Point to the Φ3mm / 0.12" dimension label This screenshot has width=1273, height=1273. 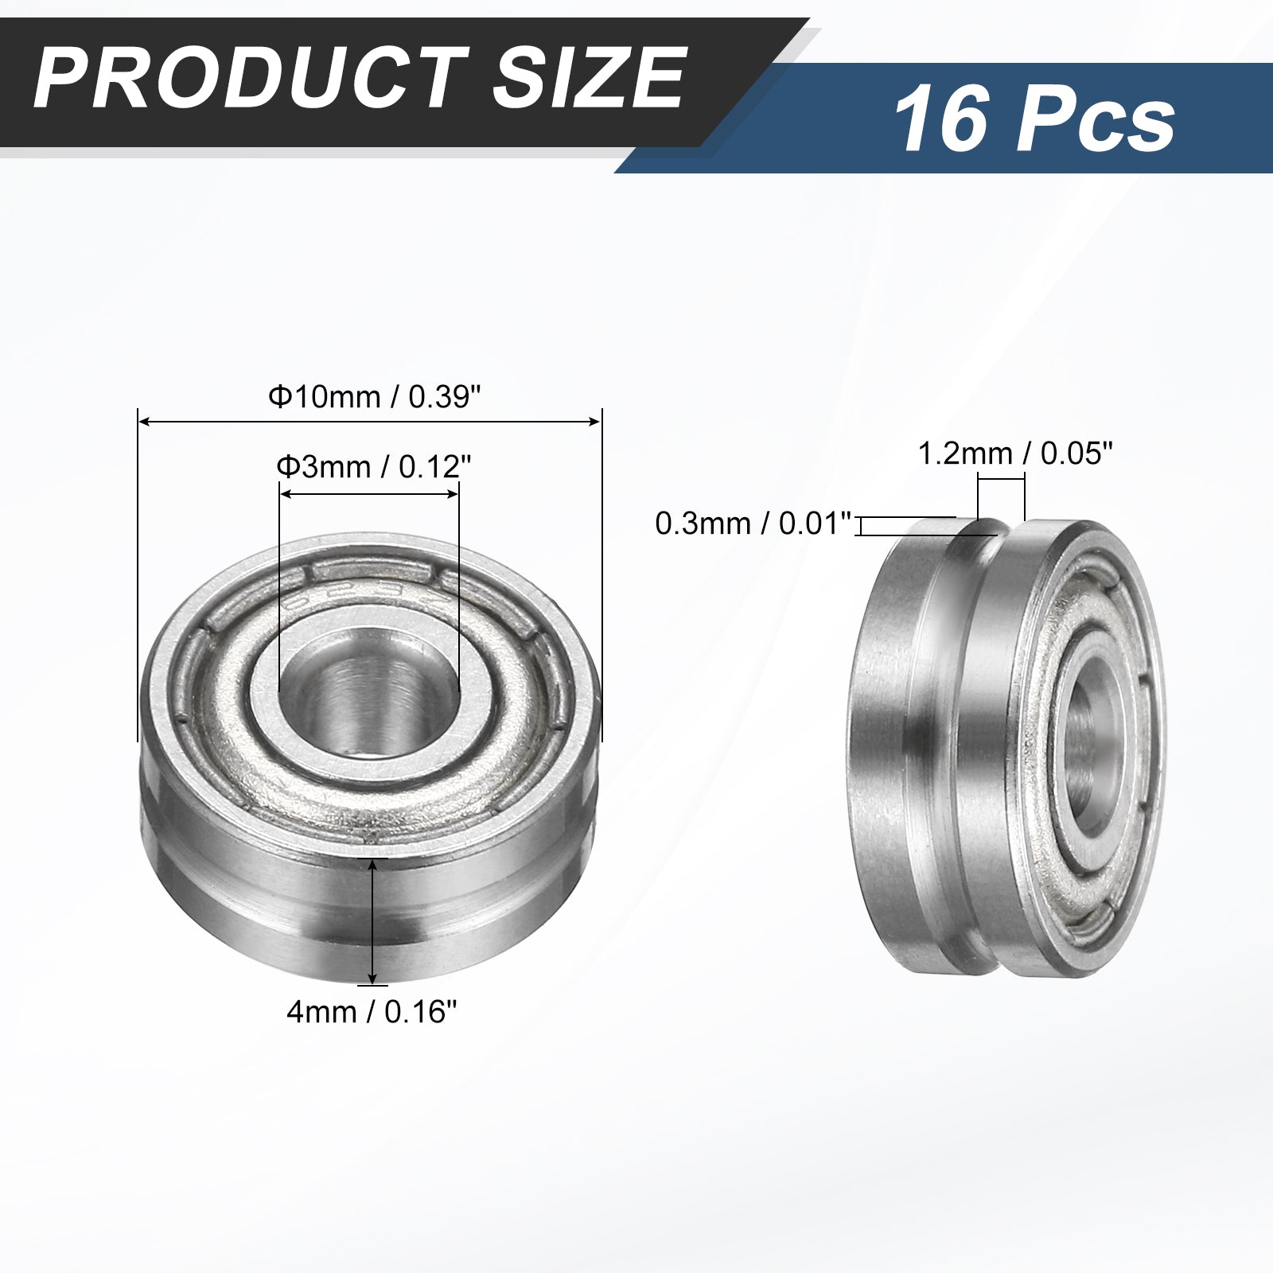(368, 465)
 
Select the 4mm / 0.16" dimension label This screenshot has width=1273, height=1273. (372, 1012)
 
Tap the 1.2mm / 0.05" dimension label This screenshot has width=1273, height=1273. (1014, 454)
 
